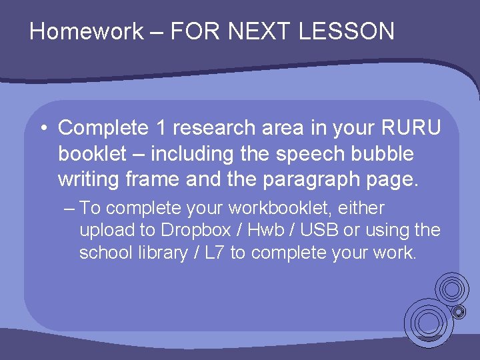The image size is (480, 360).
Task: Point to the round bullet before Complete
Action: [x=43, y=127]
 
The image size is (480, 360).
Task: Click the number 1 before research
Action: [x=163, y=127]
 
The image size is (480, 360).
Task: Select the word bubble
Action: [x=386, y=154]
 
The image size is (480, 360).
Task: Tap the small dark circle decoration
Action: [x=459, y=311]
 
